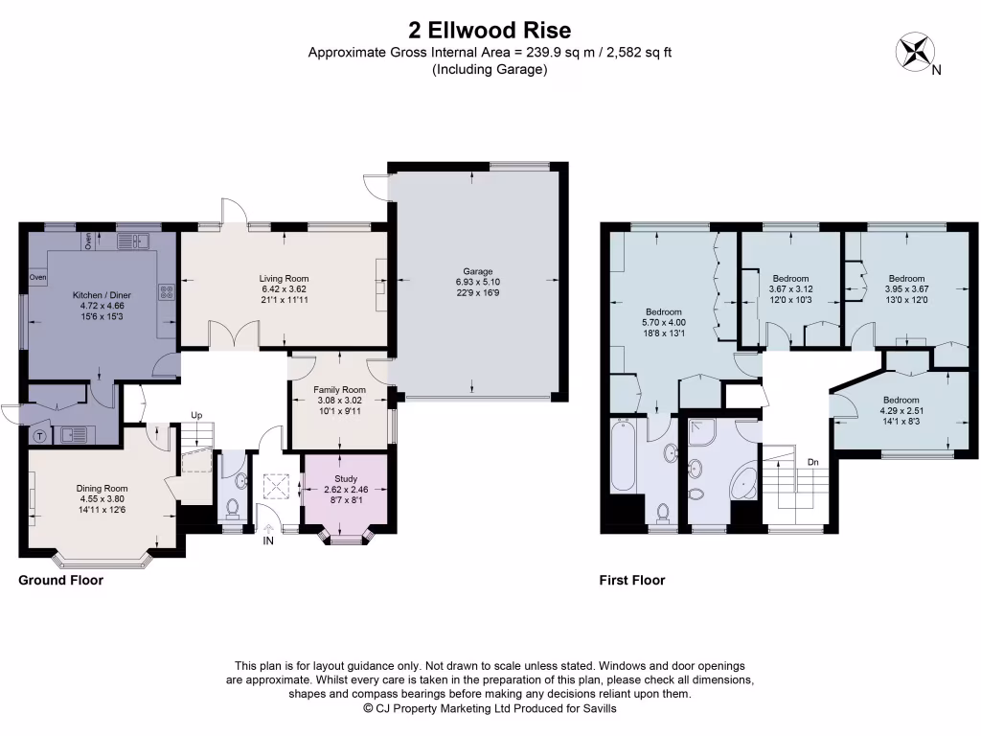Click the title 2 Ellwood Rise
pyautogui.click(x=490, y=32)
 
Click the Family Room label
pyautogui.click(x=340, y=390)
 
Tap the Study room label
pyautogui.click(x=345, y=478)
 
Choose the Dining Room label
pyautogui.click(x=102, y=488)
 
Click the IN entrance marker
pyautogui.click(x=267, y=541)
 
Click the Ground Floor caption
pyautogui.click(x=61, y=580)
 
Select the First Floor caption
pyautogui.click(x=632, y=580)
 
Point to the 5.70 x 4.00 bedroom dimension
pyautogui.click(x=663, y=324)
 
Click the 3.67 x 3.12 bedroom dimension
pyautogui.click(x=790, y=288)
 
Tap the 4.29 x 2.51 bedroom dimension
pyautogui.click(x=901, y=411)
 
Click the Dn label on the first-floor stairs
pyautogui.click(x=813, y=463)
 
